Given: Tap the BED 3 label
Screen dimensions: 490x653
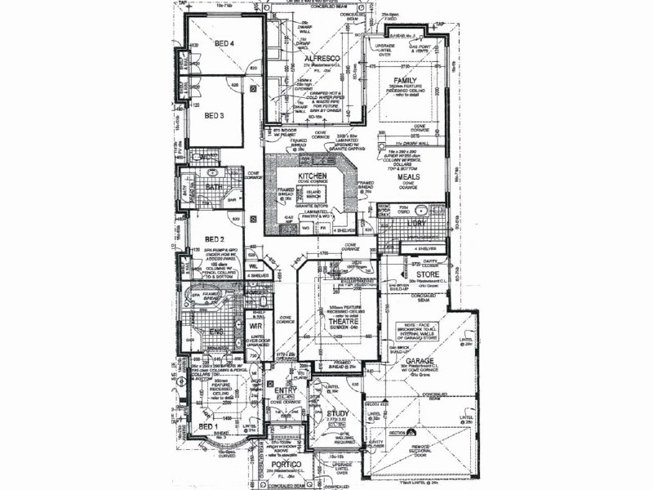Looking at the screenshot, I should click(214, 116).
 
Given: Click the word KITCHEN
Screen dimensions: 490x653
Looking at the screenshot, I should click(312, 176).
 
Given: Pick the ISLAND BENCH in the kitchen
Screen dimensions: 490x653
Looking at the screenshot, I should click(313, 195).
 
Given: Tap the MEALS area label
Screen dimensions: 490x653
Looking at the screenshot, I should click(408, 176).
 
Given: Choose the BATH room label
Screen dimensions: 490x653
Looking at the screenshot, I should click(214, 187).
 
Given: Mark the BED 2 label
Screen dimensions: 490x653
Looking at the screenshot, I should click(215, 239).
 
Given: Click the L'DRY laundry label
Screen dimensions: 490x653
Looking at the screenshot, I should click(416, 222).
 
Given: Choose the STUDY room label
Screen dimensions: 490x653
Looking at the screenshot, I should click(338, 414).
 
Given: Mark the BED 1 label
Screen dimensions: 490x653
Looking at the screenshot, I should click(207, 426).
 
